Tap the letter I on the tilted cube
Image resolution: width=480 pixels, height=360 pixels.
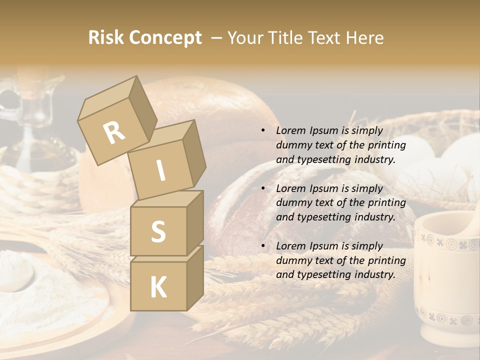click(160, 170)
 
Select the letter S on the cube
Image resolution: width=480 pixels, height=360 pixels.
click(158, 231)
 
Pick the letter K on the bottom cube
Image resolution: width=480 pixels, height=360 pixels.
click(158, 287)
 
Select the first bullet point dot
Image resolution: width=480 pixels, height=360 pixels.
click(263, 131)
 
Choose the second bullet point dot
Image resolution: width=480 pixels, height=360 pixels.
click(263, 189)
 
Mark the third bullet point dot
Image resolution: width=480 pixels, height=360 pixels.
click(263, 246)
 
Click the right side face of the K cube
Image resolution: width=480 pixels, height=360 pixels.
click(195, 277)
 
